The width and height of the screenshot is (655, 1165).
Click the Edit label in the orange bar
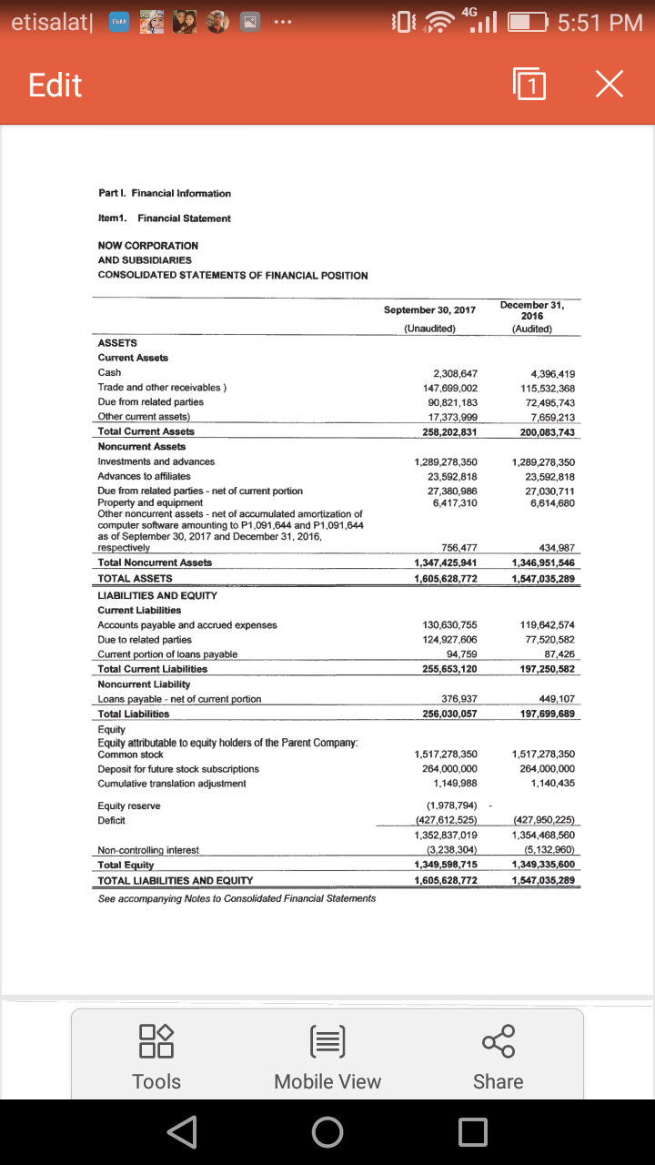(x=55, y=86)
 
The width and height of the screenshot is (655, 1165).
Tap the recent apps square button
(x=473, y=1131)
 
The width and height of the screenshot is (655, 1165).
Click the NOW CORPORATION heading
(x=147, y=246)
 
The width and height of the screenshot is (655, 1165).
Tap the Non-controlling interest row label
(x=148, y=850)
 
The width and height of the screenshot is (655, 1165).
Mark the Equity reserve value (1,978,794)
(x=452, y=805)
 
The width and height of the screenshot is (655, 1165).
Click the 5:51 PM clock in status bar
(x=600, y=22)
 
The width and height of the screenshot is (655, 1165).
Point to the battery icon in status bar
(x=524, y=22)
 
